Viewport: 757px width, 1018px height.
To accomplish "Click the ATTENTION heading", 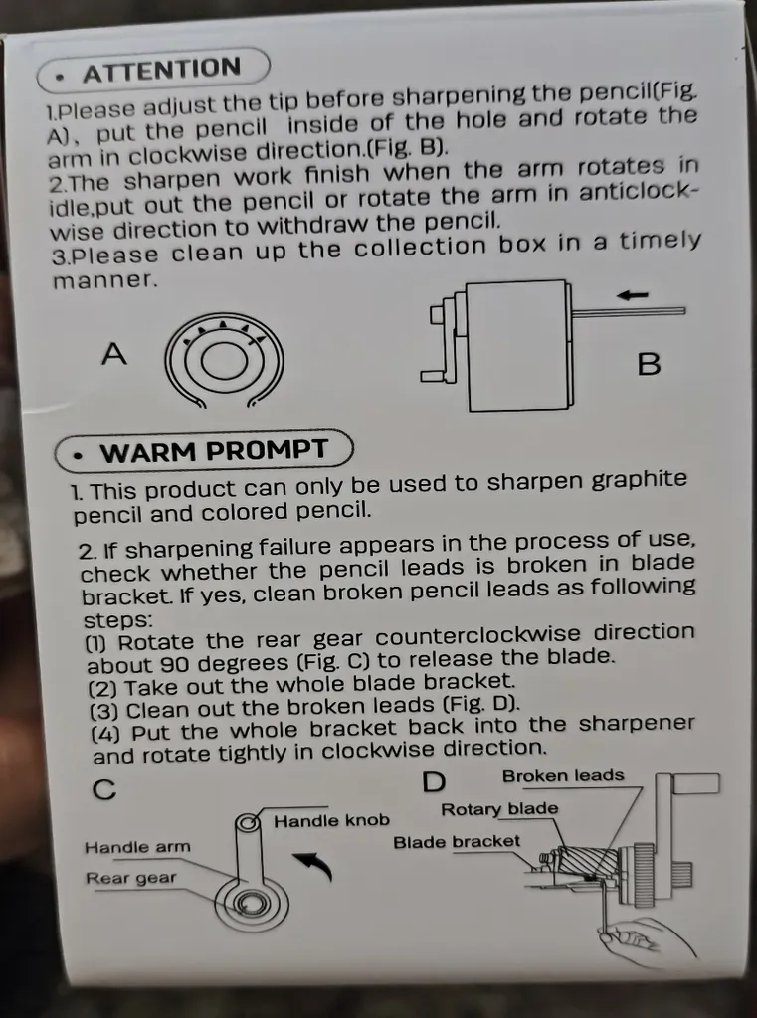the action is point(161,70).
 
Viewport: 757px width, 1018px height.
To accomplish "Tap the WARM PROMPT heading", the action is point(213,451).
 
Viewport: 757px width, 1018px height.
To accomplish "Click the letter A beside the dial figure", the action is point(114,354).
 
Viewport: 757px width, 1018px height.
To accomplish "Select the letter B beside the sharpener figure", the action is point(649,364).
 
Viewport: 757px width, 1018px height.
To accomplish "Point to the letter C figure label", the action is point(104,789).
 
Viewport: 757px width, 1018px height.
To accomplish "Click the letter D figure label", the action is point(434,782).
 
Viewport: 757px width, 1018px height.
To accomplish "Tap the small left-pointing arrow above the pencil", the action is point(633,295).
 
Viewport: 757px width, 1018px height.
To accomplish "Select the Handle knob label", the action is point(331,820).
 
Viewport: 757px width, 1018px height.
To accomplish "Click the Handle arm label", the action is point(137,847).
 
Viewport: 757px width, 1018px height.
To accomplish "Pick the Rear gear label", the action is point(130,878).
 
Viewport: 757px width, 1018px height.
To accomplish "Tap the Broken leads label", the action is point(563,775).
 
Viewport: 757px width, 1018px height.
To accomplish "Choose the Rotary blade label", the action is point(499,809).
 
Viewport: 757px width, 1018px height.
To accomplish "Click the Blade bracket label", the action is point(457,842).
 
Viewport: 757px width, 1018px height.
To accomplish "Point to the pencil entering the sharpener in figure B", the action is point(629,311).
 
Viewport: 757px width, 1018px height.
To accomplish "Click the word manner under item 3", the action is point(104,280).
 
